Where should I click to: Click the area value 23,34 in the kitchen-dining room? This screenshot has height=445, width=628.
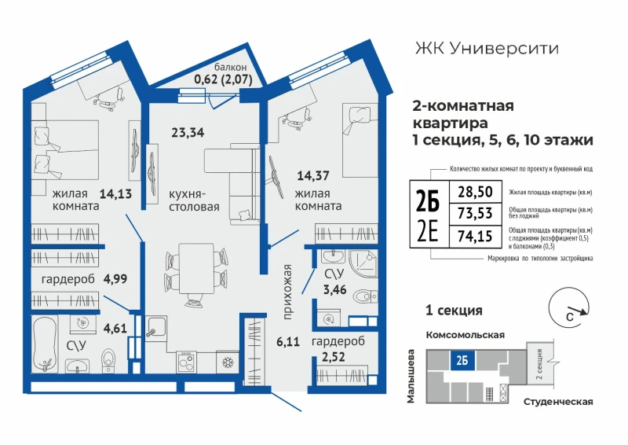(x=188, y=132)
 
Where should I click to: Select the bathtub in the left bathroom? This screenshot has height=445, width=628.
(x=45, y=344)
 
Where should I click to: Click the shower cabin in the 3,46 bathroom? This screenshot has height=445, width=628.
(x=363, y=263)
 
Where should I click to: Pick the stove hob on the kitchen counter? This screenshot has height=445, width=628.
(x=186, y=362)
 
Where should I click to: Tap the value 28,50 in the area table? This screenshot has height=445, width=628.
(x=475, y=192)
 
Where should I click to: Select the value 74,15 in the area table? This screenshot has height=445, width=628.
(x=475, y=236)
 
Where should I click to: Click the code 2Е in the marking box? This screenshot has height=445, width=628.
(x=428, y=231)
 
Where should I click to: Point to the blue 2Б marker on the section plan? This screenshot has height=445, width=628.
(x=462, y=360)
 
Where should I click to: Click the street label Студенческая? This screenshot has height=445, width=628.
(x=558, y=402)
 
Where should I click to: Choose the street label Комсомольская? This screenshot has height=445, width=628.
(x=465, y=335)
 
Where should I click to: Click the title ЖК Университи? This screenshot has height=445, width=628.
(x=487, y=49)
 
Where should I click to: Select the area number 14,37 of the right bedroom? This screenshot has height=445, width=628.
(x=313, y=175)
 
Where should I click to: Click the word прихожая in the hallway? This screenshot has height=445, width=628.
(x=287, y=292)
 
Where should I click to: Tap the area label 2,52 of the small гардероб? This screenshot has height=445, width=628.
(x=333, y=357)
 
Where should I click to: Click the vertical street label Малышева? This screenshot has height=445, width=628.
(x=411, y=376)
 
